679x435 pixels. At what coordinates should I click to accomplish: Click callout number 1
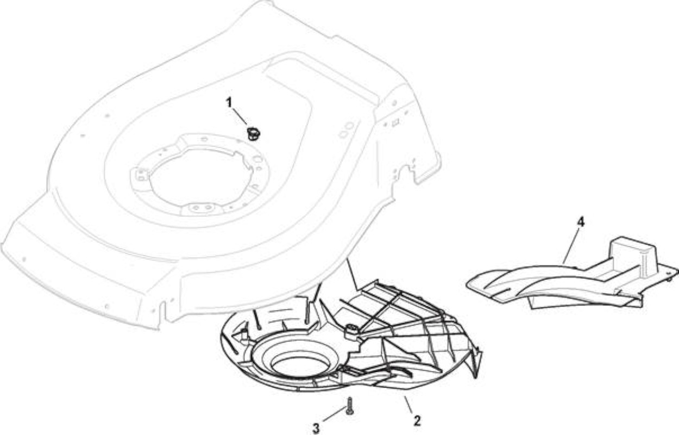[229, 103]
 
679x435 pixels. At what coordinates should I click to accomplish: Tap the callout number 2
[417, 421]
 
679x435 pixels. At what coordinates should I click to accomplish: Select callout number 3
[316, 428]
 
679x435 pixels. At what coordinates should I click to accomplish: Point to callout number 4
[580, 222]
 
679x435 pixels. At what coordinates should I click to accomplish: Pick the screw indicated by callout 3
[350, 406]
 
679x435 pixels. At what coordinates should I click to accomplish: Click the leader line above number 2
[408, 405]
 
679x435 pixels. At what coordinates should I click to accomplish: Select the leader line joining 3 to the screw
[335, 415]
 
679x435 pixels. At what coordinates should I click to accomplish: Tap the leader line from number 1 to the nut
[240, 116]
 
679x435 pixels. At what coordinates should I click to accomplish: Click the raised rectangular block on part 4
[633, 254]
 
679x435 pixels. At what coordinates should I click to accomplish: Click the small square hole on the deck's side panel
[395, 123]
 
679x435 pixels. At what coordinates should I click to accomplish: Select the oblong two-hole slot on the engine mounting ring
[202, 208]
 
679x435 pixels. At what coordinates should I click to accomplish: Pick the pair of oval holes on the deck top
[346, 130]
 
